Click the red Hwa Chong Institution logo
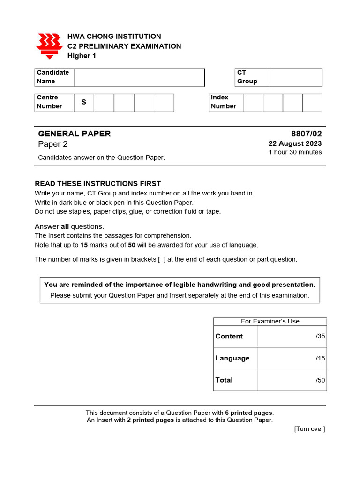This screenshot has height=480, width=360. [x=49, y=46]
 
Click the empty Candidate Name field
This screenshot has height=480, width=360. [x=139, y=78]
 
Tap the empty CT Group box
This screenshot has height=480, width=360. [x=296, y=78]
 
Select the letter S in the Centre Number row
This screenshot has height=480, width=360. [x=84, y=102]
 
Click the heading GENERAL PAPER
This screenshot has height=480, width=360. [x=75, y=134]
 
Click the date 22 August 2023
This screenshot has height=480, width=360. [x=295, y=144]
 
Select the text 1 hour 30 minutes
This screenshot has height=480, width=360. [x=295, y=152]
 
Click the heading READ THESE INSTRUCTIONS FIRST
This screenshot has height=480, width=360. [x=98, y=184]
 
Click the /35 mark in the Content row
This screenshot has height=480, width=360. [x=320, y=336]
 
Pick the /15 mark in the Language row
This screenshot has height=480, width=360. [x=320, y=358]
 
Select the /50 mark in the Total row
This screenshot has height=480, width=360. [x=320, y=380]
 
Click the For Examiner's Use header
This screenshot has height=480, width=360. [x=270, y=321]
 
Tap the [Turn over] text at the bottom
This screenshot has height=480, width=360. [x=309, y=429]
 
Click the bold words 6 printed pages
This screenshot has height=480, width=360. [x=248, y=413]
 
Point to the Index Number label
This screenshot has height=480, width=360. [x=224, y=102]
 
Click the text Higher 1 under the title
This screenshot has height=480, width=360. [x=82, y=56]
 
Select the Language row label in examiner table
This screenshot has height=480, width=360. [x=232, y=358]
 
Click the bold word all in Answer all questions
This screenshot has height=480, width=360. [x=65, y=227]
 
